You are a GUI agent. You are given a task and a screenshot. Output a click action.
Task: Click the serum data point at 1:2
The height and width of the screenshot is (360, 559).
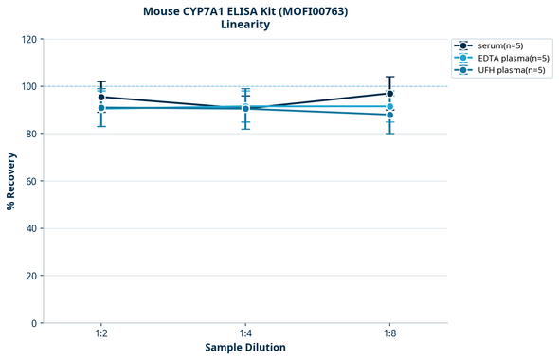[x=101, y=97]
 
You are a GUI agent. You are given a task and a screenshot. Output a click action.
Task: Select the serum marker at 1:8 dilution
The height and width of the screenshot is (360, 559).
[x=390, y=93]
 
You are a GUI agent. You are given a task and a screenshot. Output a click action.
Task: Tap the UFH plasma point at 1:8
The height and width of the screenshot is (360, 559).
[x=390, y=115]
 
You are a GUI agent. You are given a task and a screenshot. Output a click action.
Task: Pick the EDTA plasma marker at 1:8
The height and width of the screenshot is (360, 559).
[x=390, y=107]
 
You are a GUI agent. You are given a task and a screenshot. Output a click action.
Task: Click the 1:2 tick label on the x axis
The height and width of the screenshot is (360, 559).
[x=101, y=334]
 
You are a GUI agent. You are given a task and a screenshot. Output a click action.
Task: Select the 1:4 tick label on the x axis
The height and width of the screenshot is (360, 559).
[x=245, y=334]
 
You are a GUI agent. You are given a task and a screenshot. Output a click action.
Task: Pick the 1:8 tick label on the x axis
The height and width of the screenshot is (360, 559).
[x=390, y=334]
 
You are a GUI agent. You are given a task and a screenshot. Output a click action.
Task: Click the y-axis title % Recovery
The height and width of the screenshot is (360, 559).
[x=11, y=180]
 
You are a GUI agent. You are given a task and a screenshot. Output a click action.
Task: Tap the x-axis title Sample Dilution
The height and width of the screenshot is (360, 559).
[x=245, y=348]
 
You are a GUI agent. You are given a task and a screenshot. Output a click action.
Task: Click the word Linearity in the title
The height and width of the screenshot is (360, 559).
[x=244, y=25]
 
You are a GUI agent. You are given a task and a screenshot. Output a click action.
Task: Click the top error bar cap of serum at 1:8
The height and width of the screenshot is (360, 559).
[x=390, y=77]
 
